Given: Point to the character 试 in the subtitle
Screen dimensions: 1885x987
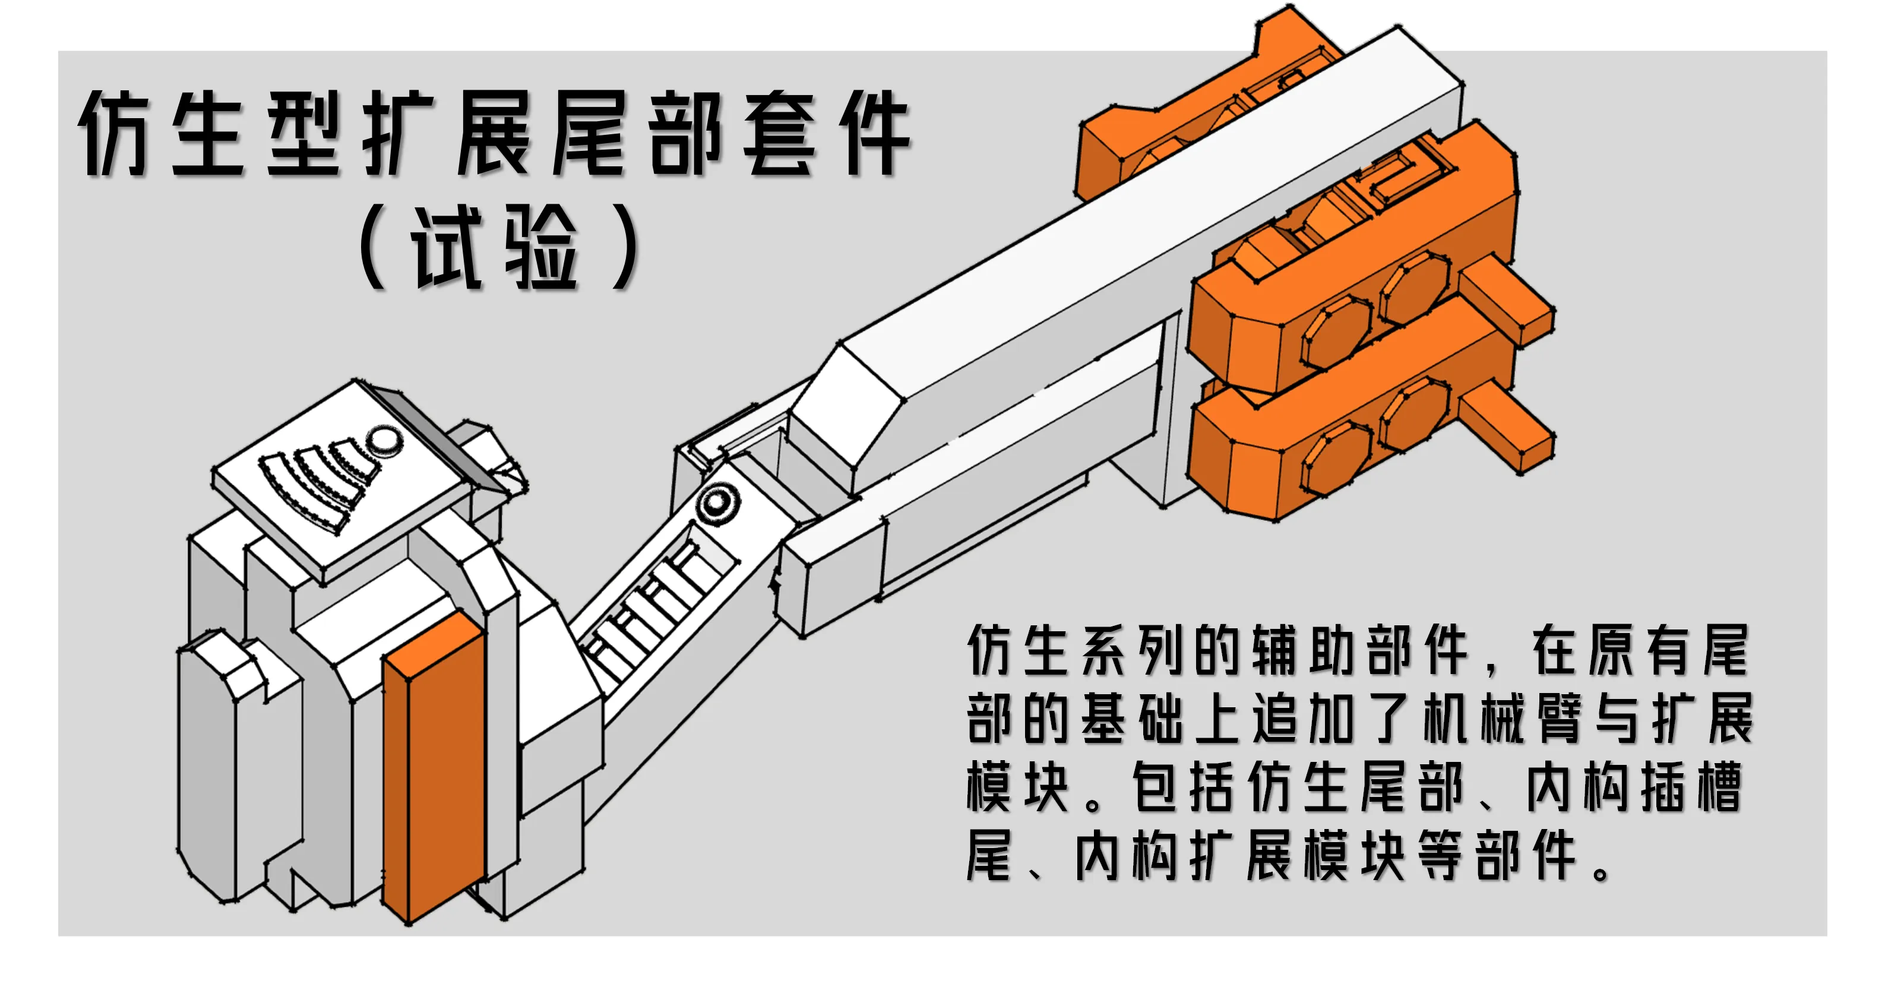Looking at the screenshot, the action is click(x=447, y=246).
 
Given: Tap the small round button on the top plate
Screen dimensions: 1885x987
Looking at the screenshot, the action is click(x=384, y=441).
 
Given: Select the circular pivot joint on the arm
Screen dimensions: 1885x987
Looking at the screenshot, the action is click(x=717, y=502).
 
